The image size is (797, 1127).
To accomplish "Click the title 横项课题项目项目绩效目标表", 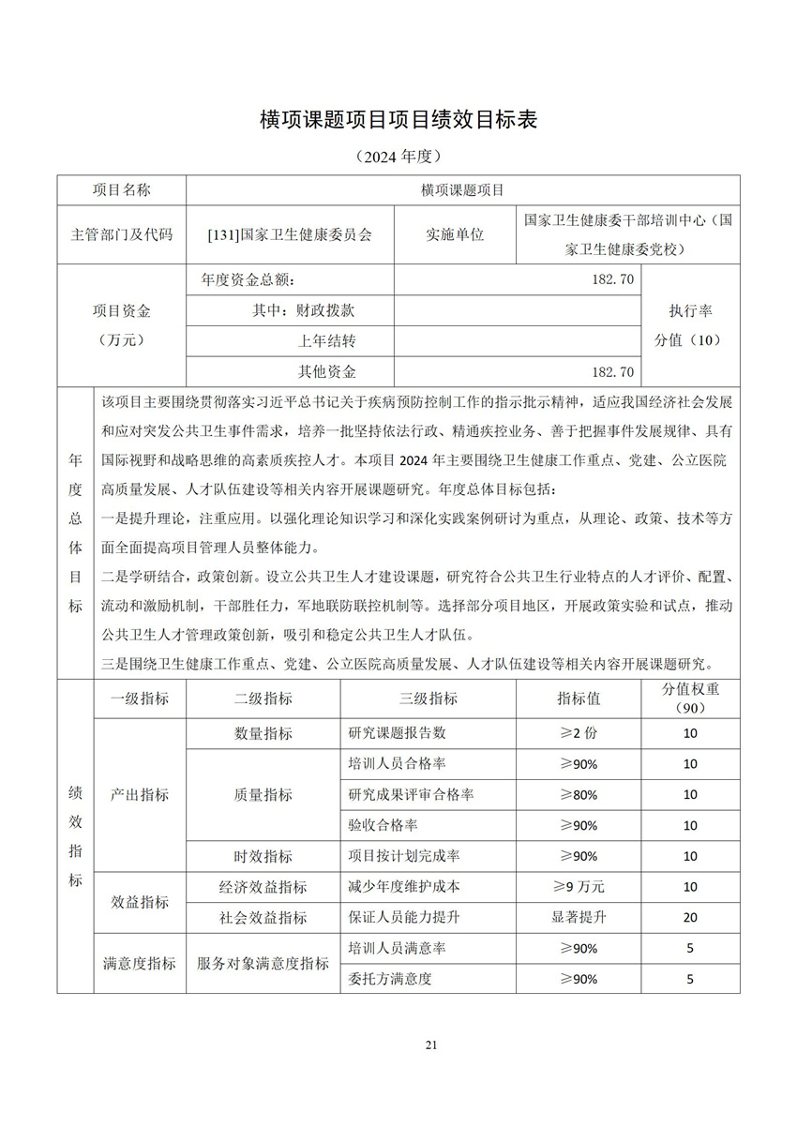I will point(398,120).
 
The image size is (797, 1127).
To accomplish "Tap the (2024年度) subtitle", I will point(398,156).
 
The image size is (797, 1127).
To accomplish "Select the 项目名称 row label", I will point(121,190).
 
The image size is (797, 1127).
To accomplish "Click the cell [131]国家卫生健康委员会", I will point(290,234).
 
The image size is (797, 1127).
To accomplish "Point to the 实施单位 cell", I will point(455,234).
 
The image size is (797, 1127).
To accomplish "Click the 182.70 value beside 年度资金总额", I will point(613,279).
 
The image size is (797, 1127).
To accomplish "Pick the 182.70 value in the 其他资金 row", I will point(613,372).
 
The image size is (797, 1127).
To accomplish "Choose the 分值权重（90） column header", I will point(690,699).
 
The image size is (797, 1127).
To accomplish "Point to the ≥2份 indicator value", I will point(579,733).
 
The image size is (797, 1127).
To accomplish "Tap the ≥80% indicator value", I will point(579,795).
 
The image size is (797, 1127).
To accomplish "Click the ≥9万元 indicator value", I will point(579,886).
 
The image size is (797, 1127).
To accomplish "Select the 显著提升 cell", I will point(579,917).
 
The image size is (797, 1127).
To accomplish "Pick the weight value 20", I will point(690,917).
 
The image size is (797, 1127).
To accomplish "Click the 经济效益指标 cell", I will point(263,886).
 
